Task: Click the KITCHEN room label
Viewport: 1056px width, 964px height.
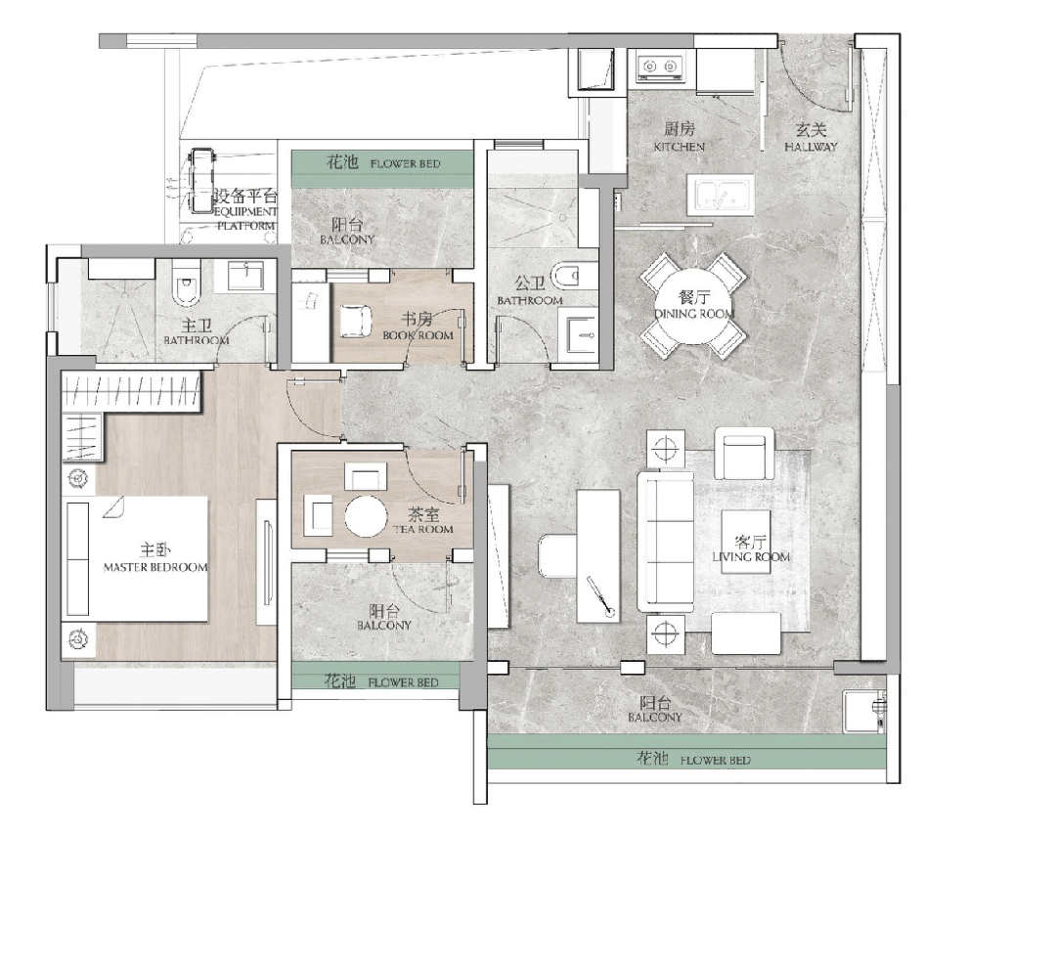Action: (x=679, y=146)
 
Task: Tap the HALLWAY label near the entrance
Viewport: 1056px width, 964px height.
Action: (x=811, y=146)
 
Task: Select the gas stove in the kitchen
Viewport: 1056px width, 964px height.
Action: (x=660, y=66)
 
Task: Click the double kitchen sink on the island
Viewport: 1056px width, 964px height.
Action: (x=720, y=195)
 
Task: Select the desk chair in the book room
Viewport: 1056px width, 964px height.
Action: (x=356, y=322)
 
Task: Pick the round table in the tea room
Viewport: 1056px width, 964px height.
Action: (x=366, y=516)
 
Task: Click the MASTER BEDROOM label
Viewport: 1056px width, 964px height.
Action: (x=155, y=567)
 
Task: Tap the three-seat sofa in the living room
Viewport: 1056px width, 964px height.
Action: (x=666, y=542)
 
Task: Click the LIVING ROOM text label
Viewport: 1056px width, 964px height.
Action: (x=751, y=556)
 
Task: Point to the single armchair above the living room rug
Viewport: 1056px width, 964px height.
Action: (x=743, y=453)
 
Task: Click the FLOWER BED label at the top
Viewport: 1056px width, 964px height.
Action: (x=405, y=163)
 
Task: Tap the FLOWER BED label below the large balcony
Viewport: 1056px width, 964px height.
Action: (x=715, y=761)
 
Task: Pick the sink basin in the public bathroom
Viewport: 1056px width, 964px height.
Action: (x=582, y=334)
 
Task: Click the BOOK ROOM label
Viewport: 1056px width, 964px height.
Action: (x=418, y=335)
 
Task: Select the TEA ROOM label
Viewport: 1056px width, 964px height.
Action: (x=423, y=529)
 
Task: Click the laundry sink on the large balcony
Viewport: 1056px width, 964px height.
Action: (x=864, y=712)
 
